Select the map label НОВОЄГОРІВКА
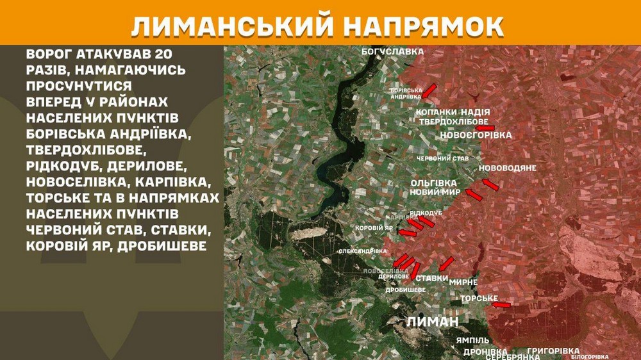click(476, 135)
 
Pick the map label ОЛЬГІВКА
click(434, 183)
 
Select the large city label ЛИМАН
click(433, 322)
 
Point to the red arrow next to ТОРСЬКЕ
click(502, 306)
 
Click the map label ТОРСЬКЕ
click(479, 299)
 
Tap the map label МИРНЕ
click(463, 282)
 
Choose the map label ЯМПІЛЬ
click(473, 340)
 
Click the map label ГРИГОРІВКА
click(553, 350)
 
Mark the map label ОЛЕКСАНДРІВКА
click(363, 251)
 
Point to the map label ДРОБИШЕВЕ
click(406, 290)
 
